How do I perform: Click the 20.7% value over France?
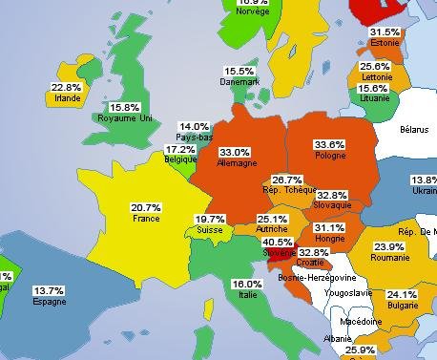pos(145,207)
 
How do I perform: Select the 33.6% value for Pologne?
pos(329,144)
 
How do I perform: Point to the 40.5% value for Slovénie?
pos(277,243)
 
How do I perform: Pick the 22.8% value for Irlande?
pos(66,87)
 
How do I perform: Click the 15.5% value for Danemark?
pos(239,72)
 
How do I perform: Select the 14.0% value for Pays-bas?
pos(195,127)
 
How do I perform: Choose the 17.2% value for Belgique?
pos(180,149)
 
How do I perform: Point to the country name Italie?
pos(247,295)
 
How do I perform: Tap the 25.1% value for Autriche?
pos(272,220)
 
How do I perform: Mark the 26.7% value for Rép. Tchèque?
pos(287,180)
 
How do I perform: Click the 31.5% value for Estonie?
pos(384,32)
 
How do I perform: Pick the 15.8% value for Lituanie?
pos(372,89)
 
